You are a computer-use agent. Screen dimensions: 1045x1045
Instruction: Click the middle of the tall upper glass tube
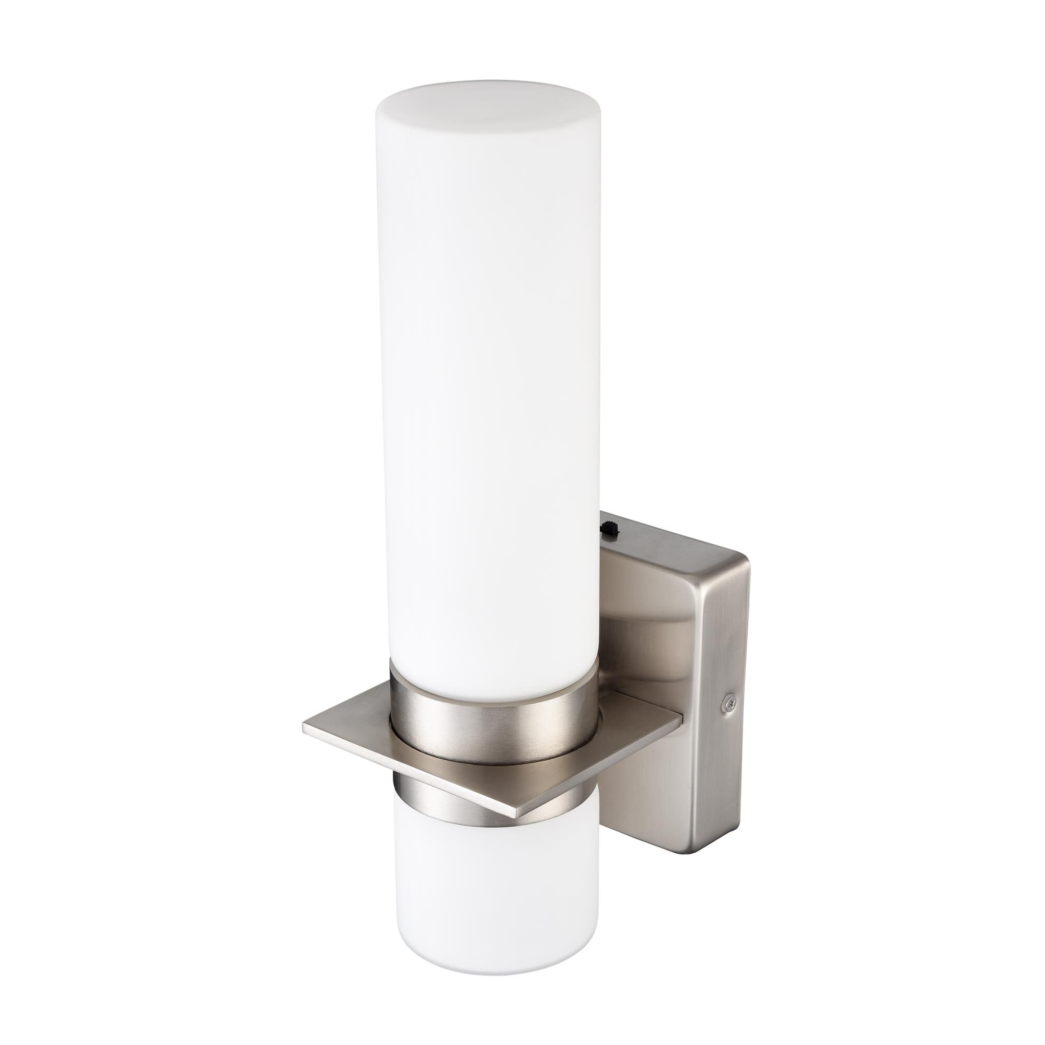point(487,379)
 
